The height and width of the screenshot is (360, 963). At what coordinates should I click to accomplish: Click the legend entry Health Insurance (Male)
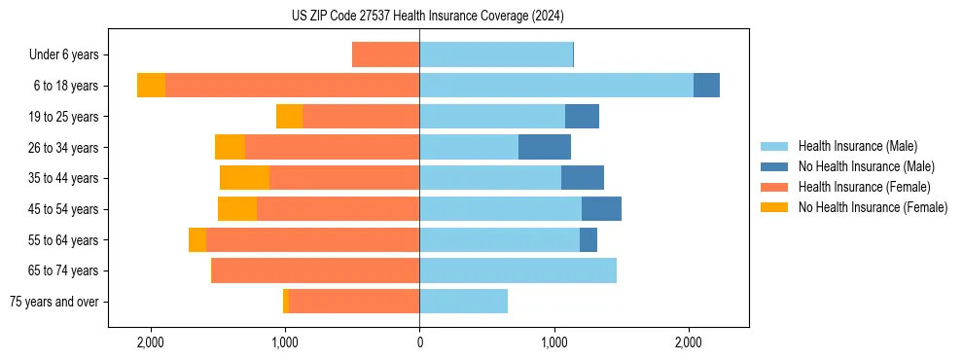coord(857,146)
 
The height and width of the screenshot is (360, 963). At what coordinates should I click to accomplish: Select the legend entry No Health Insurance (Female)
coord(873,207)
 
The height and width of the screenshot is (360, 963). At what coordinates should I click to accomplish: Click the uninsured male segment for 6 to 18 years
coord(706,86)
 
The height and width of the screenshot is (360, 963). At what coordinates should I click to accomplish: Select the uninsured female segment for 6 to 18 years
coord(151,86)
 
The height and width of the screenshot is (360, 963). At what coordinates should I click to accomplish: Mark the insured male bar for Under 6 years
coord(496,55)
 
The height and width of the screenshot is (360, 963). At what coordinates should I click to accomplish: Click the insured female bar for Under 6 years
coord(385,55)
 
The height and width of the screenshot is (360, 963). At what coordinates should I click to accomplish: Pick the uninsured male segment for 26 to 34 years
coord(545,148)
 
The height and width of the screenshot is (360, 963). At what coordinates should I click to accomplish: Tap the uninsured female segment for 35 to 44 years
coord(244,178)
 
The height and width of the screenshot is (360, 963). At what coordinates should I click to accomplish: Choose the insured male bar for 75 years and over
coord(463,302)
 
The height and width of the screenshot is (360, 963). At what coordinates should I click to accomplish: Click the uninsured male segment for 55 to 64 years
coord(588,240)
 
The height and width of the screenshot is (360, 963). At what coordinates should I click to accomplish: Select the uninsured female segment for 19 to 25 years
coord(289,117)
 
